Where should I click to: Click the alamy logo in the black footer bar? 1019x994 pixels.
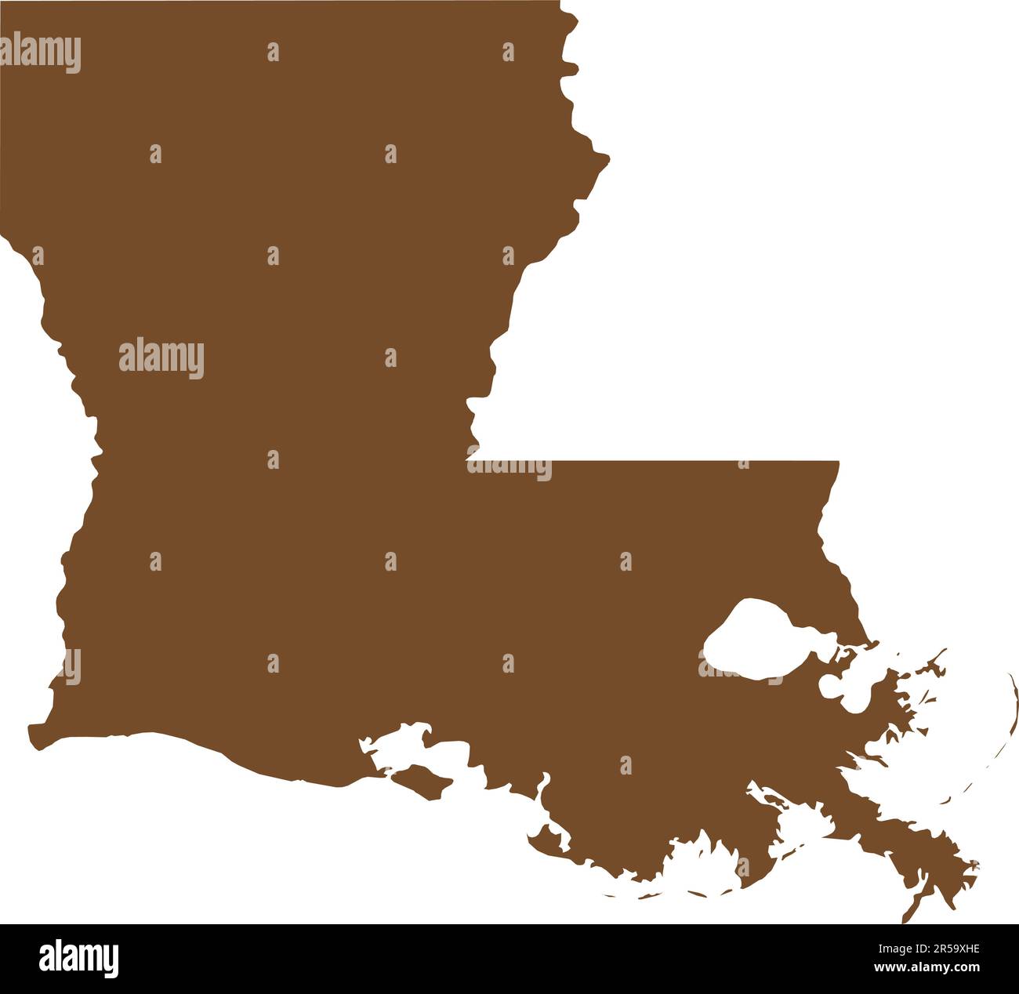click(78, 958)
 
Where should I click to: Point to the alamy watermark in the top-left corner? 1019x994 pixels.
click(41, 53)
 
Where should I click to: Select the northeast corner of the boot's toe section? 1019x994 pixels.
click(837, 463)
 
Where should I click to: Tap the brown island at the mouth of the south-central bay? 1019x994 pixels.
click(423, 782)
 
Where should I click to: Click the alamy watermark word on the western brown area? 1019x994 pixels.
click(161, 358)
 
